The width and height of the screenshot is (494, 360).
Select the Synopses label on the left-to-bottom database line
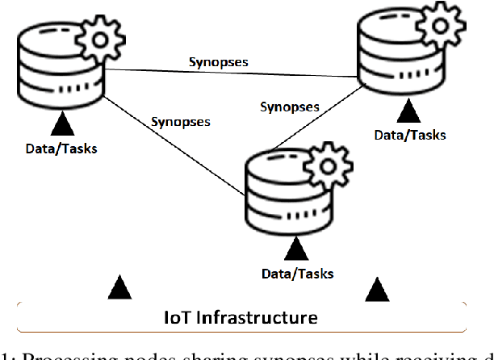(x=181, y=123)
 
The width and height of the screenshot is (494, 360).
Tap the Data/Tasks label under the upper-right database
(x=409, y=134)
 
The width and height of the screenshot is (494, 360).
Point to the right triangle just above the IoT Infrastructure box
(x=375, y=287)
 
